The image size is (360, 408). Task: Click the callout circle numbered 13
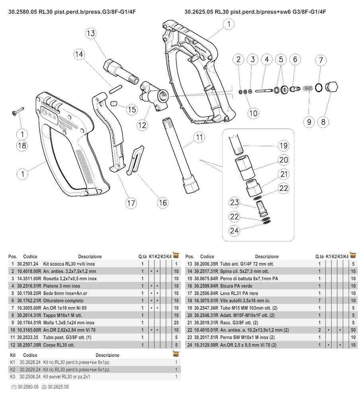[90, 33]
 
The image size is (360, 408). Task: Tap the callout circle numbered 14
[79, 54]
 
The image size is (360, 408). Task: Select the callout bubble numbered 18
[22, 145]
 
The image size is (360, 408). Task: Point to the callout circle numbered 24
[235, 230]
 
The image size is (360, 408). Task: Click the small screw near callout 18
[18, 114]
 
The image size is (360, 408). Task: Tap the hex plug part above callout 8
[331, 87]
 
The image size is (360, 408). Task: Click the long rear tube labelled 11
[177, 155]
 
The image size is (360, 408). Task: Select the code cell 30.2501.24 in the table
[27, 264]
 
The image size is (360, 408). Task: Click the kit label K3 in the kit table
[12, 377]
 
